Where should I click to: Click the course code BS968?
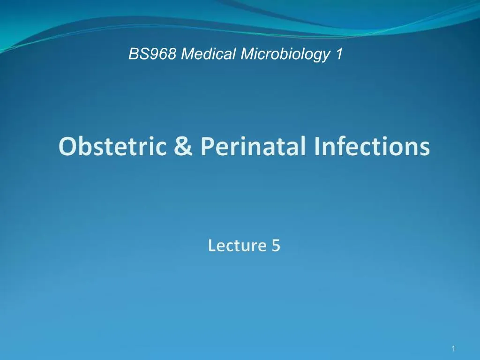click(153, 55)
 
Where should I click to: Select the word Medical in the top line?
click(209, 55)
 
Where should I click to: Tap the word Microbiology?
click(285, 55)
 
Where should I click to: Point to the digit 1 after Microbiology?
click(338, 55)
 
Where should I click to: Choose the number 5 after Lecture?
click(276, 245)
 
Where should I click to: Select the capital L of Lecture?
click(212, 245)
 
